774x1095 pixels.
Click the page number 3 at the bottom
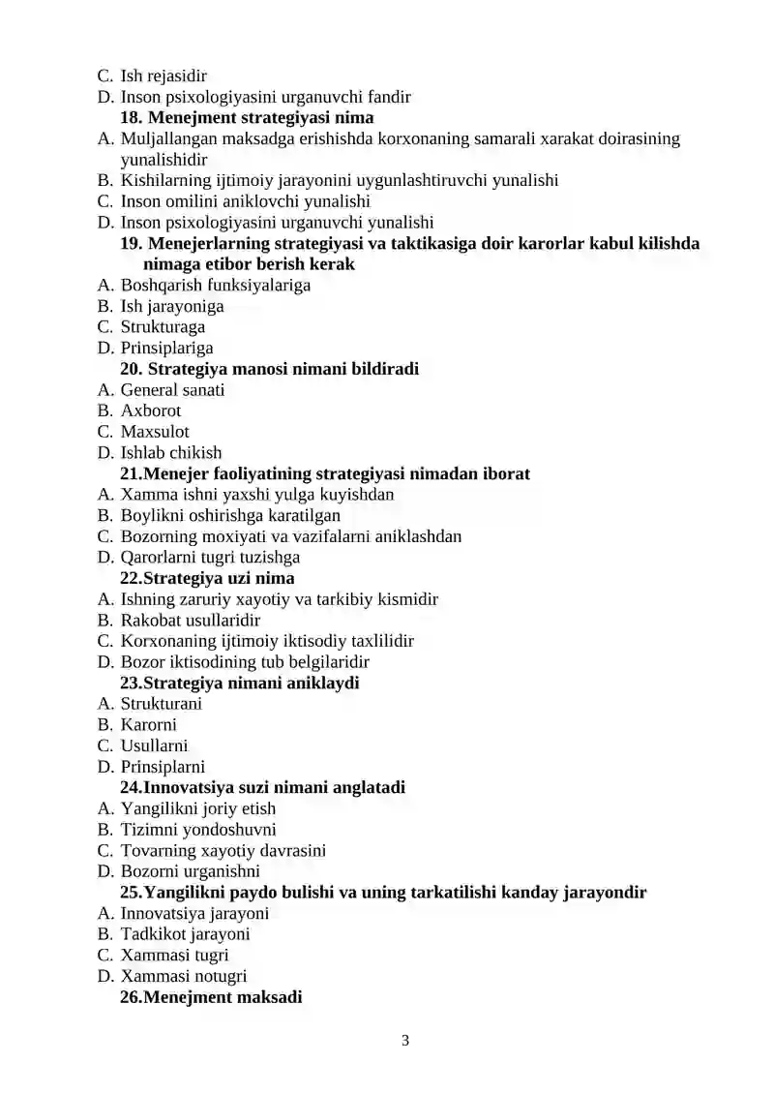(405, 1041)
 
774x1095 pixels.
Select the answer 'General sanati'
(172, 390)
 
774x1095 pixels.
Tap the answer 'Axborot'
(150, 411)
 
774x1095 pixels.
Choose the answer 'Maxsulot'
(155, 432)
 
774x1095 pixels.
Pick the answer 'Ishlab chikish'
(170, 453)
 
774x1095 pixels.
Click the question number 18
(132, 118)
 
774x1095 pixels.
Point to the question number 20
(132, 369)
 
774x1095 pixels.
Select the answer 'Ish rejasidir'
(164, 76)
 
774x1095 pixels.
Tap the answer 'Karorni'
(149, 725)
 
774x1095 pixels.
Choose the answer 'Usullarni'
(154, 745)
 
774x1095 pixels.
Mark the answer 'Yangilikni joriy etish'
(197, 808)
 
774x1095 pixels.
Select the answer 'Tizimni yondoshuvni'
(198, 830)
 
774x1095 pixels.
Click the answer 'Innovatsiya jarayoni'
(194, 913)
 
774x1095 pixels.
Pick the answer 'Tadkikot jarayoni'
(185, 934)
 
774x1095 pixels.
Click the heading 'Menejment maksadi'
(223, 997)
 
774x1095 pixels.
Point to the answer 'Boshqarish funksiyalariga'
(216, 286)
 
